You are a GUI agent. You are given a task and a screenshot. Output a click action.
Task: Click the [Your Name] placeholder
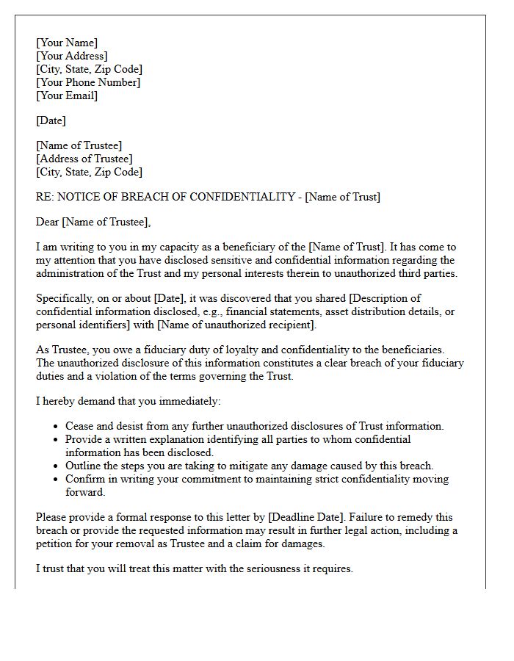[67, 43]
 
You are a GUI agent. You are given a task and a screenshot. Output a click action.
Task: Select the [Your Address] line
[72, 56]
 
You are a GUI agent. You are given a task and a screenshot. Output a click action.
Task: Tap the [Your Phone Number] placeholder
[88, 82]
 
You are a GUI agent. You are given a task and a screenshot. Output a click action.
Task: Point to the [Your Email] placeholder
[67, 95]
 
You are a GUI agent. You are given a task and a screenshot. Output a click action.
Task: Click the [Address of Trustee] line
[84, 159]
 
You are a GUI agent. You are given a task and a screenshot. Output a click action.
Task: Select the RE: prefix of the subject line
[45, 197]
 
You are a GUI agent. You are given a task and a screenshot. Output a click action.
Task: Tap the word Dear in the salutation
[48, 222]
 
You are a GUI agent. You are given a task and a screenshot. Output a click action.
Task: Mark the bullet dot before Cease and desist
[57, 427]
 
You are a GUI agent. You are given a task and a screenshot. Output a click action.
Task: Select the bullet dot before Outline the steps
[57, 466]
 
